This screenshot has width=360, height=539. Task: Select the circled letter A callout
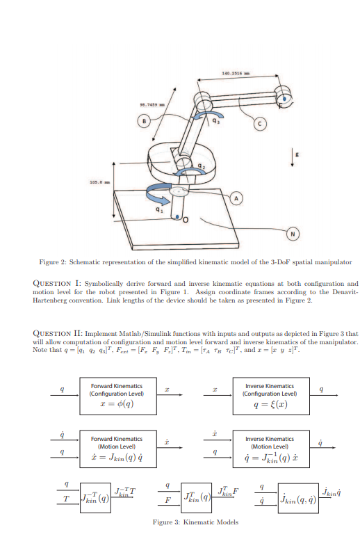click(x=236, y=198)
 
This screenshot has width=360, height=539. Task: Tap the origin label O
click(x=187, y=220)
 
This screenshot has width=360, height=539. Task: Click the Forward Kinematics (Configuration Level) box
click(x=117, y=394)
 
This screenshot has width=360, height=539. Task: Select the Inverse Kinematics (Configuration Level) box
click(x=270, y=394)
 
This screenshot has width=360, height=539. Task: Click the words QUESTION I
click(x=56, y=284)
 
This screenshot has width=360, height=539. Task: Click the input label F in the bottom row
click(x=167, y=499)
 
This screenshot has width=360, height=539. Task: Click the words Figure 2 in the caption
click(x=53, y=262)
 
